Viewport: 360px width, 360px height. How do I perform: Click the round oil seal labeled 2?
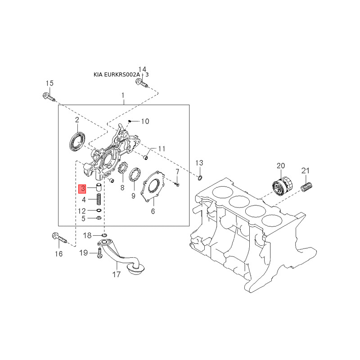pyautogui.click(x=77, y=140)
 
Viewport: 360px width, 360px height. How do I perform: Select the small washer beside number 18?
pyautogui.click(x=104, y=235)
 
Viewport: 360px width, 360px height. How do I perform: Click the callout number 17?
pyautogui.click(x=116, y=274)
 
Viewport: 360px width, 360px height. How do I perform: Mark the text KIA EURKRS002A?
pyautogui.click(x=118, y=75)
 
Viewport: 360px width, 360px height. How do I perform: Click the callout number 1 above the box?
pyautogui.click(x=122, y=95)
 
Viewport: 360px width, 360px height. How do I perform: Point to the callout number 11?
pyautogui.click(x=162, y=148)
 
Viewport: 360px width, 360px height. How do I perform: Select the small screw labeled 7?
pyautogui.click(x=177, y=183)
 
